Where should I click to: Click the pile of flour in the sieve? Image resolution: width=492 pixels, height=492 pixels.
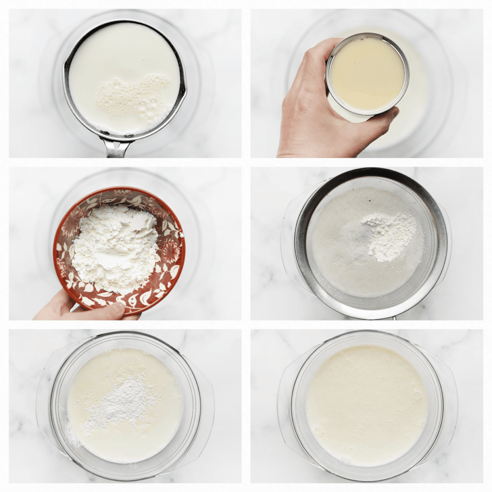tap(389, 235)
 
